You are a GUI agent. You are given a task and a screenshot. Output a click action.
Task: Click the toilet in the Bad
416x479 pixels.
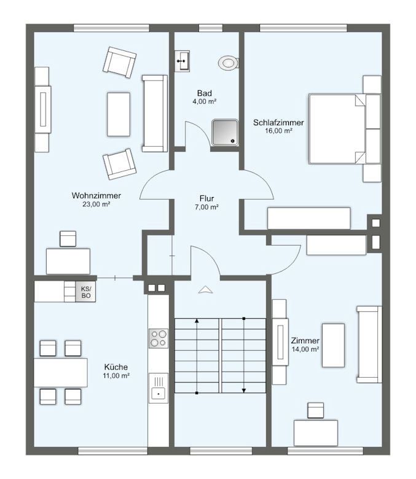[229, 63]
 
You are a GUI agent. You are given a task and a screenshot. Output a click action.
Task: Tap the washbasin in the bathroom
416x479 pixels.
[182, 61]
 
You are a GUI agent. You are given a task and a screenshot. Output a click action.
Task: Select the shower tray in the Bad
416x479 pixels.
[225, 133]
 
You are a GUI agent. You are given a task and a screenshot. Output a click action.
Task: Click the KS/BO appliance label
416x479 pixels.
[86, 292]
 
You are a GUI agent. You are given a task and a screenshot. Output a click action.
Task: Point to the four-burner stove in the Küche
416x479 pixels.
[158, 338]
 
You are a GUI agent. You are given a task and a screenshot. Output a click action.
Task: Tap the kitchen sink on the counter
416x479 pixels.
[159, 387]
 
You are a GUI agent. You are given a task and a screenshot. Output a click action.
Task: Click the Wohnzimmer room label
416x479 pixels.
[96, 195]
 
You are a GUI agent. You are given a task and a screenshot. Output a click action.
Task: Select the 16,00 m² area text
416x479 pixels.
[279, 131]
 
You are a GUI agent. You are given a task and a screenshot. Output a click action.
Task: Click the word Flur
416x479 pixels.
[206, 198]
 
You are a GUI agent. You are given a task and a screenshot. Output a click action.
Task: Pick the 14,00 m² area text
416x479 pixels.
[305, 349]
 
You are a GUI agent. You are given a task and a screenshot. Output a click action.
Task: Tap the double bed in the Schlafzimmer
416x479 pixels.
[345, 128]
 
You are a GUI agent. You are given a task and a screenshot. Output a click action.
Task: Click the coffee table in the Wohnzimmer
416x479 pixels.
[119, 114]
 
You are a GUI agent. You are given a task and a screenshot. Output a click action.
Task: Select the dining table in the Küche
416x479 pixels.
[60, 373]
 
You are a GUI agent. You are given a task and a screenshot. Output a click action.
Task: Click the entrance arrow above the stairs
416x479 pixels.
[205, 290]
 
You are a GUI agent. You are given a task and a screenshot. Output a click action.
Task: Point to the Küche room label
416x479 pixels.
[116, 367]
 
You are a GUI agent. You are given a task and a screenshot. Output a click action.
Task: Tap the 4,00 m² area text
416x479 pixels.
[205, 102]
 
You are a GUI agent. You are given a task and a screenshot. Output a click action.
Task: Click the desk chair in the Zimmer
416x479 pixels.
[315, 410]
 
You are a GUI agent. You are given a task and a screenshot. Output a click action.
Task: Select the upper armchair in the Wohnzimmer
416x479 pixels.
[119, 62]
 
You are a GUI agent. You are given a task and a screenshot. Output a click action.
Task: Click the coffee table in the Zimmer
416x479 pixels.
[333, 345]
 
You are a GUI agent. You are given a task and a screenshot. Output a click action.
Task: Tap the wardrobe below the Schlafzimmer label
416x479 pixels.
[308, 218]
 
